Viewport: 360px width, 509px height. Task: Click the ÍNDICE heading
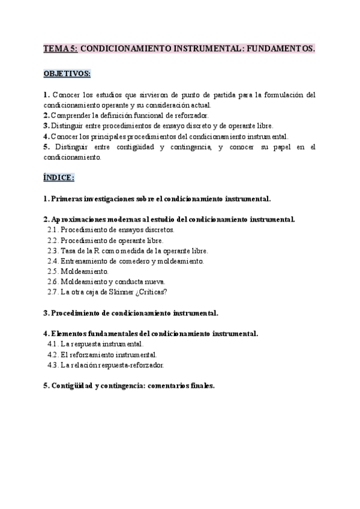coord(59,178)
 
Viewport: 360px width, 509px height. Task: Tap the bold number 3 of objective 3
coord(46,125)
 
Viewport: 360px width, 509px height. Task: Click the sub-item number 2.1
coord(53,230)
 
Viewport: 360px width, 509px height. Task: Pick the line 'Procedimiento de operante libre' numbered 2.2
coord(108,240)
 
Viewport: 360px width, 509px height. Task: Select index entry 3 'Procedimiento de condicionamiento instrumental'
coord(131,313)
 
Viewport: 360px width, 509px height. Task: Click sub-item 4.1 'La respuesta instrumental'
coord(102,344)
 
